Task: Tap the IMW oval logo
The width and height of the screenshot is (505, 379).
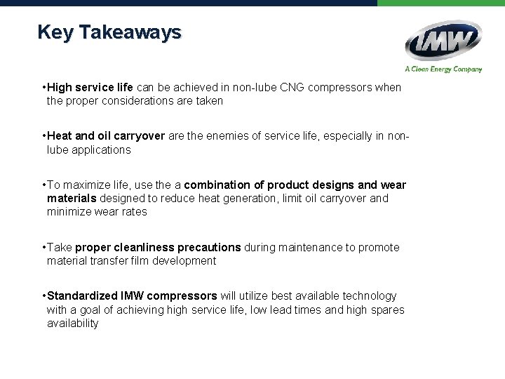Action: pyautogui.click(x=443, y=41)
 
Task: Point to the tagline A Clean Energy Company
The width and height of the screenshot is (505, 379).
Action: pyautogui.click(x=443, y=69)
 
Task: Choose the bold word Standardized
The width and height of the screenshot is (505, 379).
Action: pyautogui.click(x=82, y=296)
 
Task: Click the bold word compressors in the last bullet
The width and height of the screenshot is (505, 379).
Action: pyautogui.click(x=183, y=296)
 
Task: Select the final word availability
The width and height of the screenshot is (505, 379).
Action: pyautogui.click(x=73, y=323)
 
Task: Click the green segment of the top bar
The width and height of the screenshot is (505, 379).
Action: pyautogui.click(x=440, y=3)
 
